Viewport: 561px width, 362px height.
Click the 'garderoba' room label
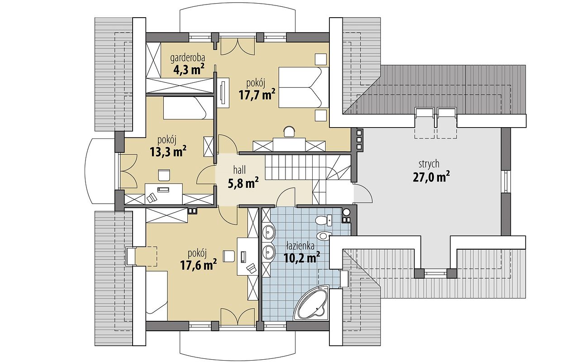188,58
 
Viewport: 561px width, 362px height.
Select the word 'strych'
429,164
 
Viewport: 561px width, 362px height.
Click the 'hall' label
239,170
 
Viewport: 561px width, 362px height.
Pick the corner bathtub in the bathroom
313,304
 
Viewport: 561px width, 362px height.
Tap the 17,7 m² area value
257,95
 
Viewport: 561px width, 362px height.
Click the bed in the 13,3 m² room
187,108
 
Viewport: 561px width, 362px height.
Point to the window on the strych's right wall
506,181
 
